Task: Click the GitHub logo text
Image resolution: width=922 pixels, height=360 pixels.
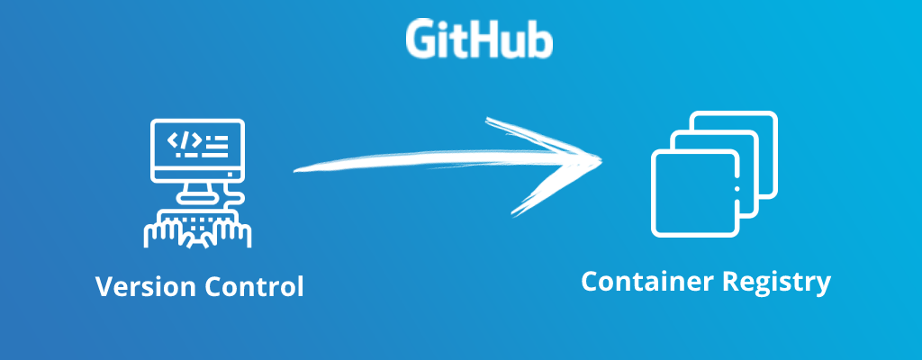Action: [478, 39]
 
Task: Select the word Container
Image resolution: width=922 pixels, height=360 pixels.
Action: [646, 283]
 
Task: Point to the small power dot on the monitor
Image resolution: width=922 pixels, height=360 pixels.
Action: [230, 174]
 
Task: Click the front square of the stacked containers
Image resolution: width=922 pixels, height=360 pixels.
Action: [692, 193]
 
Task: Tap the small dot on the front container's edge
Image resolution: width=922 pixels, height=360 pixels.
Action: [737, 189]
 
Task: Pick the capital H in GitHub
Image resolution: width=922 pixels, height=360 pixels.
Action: [486, 39]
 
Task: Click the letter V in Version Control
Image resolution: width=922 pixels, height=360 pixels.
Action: [104, 288]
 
